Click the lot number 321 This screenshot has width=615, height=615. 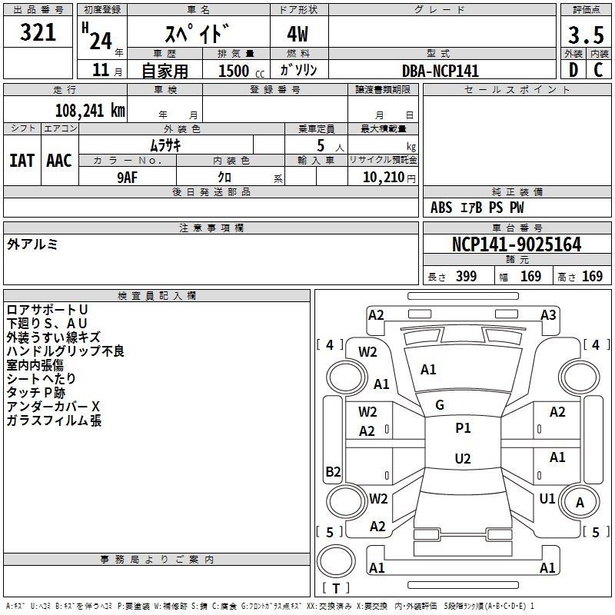(x=38, y=32)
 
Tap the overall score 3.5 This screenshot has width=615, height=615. (x=586, y=35)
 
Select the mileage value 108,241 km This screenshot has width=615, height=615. (x=90, y=110)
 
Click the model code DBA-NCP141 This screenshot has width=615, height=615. (x=440, y=71)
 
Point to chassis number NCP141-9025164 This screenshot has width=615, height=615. (x=517, y=244)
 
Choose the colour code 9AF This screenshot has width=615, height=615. (x=128, y=178)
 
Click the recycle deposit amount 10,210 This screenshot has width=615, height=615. (x=384, y=177)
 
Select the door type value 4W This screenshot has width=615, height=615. (x=298, y=34)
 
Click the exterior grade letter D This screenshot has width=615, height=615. (x=573, y=70)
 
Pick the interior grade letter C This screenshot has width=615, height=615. (x=598, y=70)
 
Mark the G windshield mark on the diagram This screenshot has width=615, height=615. (x=440, y=405)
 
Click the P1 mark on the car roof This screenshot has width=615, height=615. (x=463, y=428)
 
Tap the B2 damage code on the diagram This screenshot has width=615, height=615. (x=333, y=471)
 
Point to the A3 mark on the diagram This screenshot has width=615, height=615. (x=548, y=315)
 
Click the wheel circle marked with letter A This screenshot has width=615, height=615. (x=580, y=502)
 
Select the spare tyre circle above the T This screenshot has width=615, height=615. (x=336, y=561)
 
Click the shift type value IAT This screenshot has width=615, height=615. (x=22, y=161)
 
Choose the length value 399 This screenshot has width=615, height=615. (x=467, y=276)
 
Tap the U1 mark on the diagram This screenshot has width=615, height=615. (x=547, y=498)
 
